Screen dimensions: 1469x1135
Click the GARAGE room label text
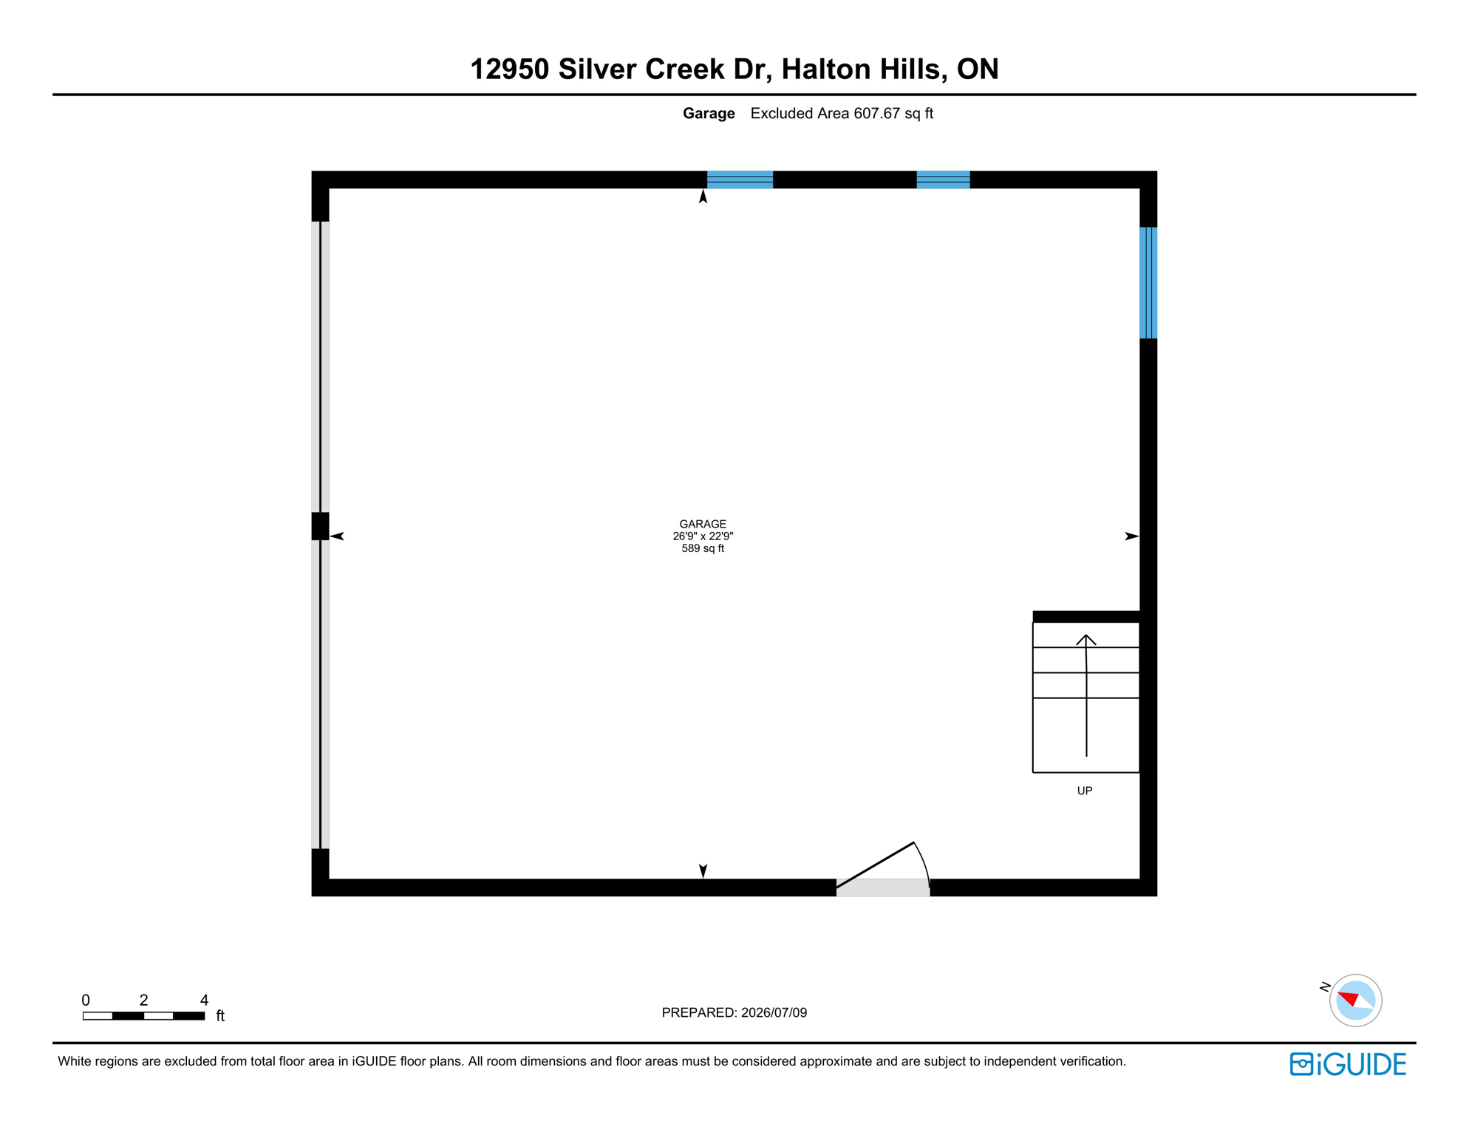pos(703,524)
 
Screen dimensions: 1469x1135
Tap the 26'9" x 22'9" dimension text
pos(703,536)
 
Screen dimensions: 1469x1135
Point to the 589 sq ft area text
pos(703,548)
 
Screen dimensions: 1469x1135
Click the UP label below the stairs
pos(1085,791)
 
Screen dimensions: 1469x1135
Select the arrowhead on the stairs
pos(1086,640)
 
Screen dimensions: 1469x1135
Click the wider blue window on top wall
pos(740,180)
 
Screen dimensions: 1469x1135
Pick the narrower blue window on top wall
pos(943,180)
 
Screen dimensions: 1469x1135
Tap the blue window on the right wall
pos(1148,282)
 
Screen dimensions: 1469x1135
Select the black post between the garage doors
pos(320,526)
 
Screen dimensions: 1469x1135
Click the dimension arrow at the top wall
pos(703,196)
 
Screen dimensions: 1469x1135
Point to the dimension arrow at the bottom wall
pos(703,871)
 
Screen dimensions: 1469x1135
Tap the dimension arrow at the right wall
pos(1131,536)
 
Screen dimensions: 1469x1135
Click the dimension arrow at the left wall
pos(337,536)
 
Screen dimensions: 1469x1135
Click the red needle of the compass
pos(1349,999)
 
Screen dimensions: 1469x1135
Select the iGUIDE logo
pos(1348,1064)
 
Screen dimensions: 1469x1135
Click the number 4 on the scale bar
pos(204,1000)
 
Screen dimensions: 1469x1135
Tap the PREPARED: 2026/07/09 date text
pos(734,1012)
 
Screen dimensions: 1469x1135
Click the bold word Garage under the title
pos(709,114)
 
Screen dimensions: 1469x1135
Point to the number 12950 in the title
pos(510,69)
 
